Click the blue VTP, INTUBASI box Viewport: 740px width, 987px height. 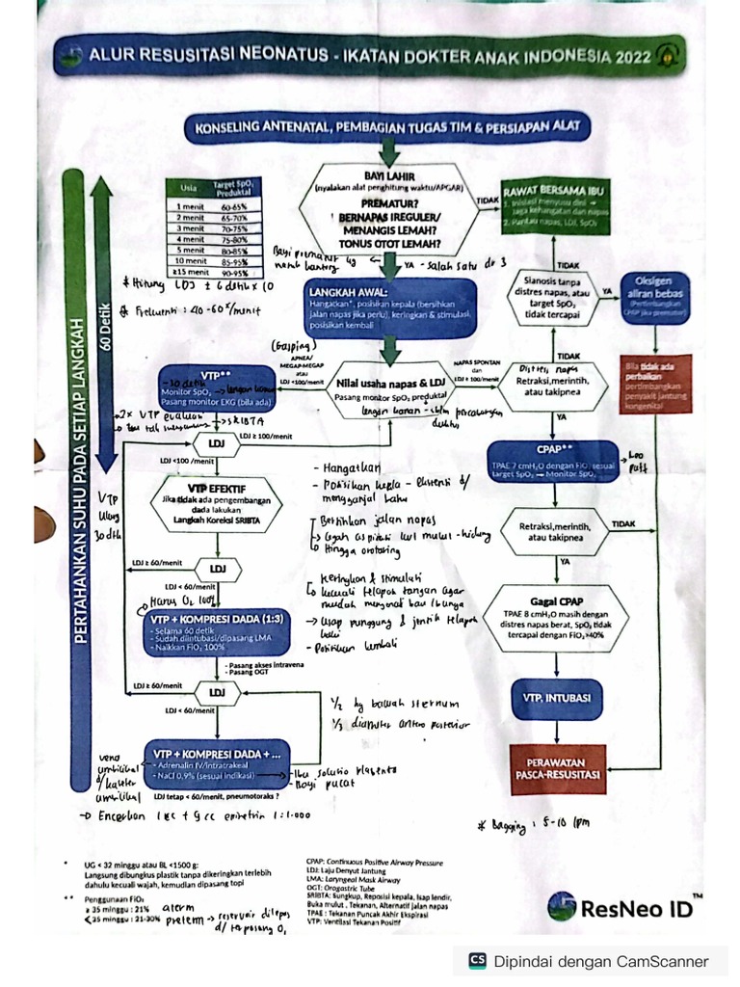556,697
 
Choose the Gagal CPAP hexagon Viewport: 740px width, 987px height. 558,618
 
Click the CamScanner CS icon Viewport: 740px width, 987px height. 477,960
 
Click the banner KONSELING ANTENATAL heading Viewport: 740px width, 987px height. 387,127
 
